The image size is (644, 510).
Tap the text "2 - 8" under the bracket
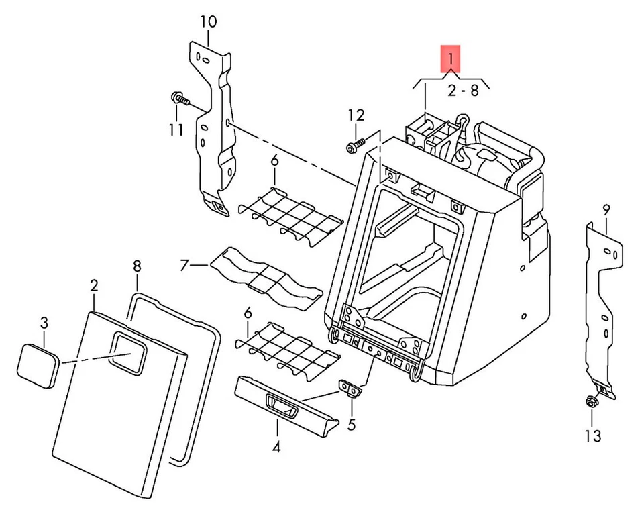[464, 91]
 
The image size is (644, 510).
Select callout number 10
[208, 21]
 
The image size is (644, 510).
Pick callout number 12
[356, 115]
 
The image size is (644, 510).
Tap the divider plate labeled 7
[265, 274]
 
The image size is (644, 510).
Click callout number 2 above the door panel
[94, 286]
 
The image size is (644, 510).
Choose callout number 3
[44, 323]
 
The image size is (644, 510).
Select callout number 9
[606, 210]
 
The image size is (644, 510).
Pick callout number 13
[592, 436]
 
